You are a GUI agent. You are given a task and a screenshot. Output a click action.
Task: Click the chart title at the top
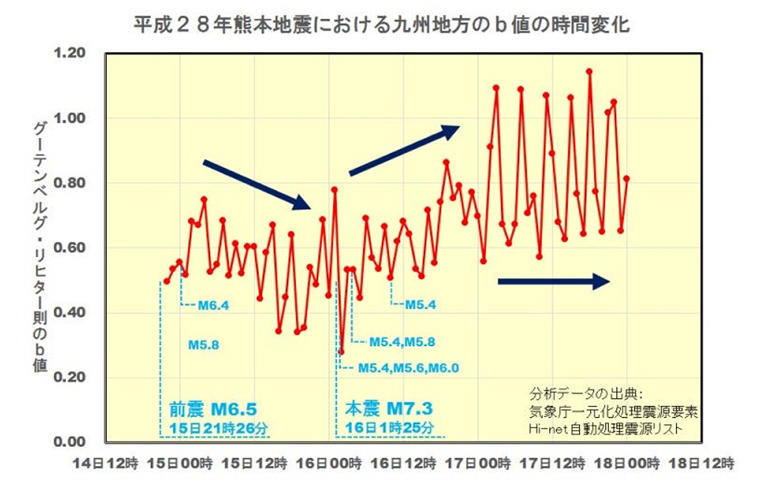click(x=381, y=25)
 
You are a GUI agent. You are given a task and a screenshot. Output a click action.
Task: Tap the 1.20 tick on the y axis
click(x=69, y=52)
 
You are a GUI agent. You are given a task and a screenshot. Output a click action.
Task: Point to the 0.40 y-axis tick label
click(x=69, y=312)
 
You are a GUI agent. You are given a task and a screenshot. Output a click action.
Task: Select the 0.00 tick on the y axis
click(x=69, y=441)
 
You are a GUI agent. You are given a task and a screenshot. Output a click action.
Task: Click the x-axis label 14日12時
click(x=105, y=463)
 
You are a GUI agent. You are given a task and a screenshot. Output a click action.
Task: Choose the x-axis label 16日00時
click(x=329, y=463)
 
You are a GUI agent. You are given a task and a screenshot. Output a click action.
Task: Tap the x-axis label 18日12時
click(x=701, y=463)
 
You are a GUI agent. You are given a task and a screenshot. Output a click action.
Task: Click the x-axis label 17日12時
click(x=553, y=463)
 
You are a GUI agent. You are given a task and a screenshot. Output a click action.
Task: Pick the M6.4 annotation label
click(x=213, y=306)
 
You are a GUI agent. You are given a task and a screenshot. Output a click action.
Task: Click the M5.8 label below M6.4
click(x=204, y=345)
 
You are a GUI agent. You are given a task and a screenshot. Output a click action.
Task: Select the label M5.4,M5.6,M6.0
click(x=408, y=367)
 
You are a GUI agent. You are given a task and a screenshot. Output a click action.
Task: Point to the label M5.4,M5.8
click(x=403, y=342)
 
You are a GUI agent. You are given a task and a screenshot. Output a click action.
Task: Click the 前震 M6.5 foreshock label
click(x=213, y=409)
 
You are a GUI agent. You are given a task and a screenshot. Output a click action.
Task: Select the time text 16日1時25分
click(x=390, y=427)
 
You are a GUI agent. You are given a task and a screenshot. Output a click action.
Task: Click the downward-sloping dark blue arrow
click(x=257, y=185)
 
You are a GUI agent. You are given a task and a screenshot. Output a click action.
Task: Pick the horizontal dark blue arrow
click(x=553, y=282)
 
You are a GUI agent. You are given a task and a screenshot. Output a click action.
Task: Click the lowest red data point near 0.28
click(x=341, y=352)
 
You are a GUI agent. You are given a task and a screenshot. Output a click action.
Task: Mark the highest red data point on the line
click(x=589, y=72)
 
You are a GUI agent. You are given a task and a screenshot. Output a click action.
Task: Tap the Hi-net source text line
click(x=606, y=429)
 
